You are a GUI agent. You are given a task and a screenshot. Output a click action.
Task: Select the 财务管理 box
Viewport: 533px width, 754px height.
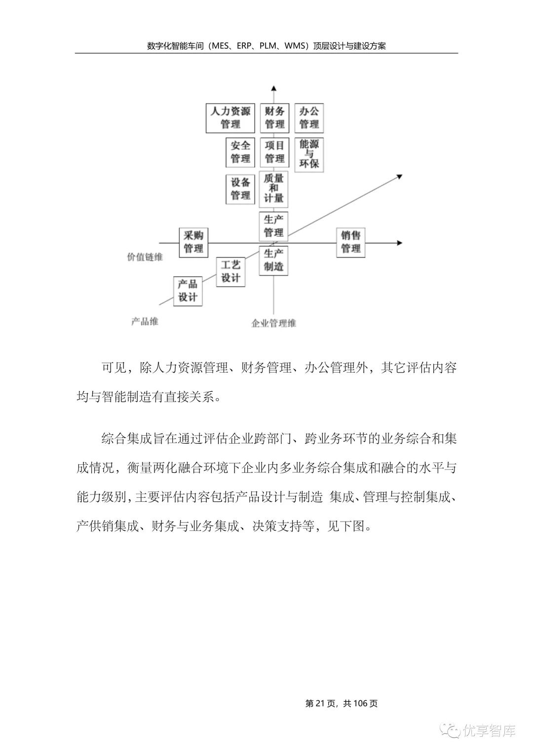pos(274,118)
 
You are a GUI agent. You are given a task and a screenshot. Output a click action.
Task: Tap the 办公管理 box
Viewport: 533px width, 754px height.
pos(309,118)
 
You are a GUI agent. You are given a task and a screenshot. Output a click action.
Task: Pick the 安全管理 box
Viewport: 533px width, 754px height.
pos(240,152)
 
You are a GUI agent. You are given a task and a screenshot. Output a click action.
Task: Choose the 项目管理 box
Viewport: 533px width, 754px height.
pos(274,152)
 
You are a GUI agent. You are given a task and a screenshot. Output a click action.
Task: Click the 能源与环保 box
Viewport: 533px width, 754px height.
pos(309,154)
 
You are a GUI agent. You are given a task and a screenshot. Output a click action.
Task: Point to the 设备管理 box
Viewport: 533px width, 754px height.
pos(240,189)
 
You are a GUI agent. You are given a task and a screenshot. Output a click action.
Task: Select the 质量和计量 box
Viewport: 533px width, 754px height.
pos(274,188)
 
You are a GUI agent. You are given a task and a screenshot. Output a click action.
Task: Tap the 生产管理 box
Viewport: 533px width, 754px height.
pos(274,226)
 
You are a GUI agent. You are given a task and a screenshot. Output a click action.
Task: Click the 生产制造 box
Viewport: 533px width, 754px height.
pos(274,260)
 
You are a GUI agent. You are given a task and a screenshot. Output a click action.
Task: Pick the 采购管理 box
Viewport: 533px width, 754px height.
pos(193,242)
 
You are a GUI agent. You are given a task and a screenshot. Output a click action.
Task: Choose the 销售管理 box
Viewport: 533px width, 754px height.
pos(351,242)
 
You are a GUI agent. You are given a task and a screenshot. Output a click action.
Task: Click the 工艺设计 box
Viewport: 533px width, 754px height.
pos(230,272)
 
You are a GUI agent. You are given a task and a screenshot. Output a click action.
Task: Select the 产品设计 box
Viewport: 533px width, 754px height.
pos(188,291)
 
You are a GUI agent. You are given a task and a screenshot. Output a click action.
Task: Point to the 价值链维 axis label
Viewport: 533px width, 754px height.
pos(145,257)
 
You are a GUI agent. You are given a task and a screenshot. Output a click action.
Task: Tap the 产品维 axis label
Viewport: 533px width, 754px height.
pos(145,321)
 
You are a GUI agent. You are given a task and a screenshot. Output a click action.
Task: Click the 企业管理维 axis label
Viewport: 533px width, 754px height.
pos(274,324)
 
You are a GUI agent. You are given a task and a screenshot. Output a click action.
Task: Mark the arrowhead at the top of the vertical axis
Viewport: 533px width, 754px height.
pos(274,88)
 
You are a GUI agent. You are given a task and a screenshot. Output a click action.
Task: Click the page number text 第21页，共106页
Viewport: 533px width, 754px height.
pos(342,704)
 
